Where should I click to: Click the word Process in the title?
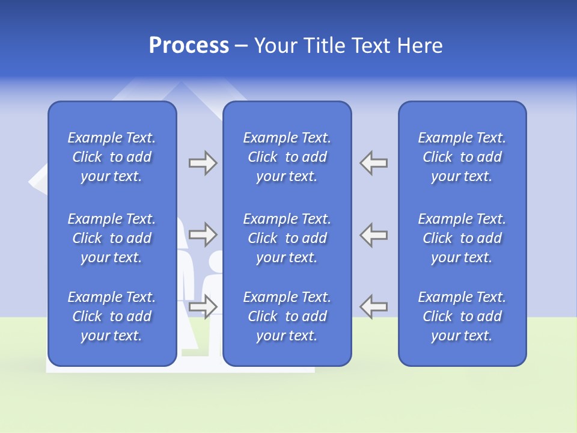point(189,46)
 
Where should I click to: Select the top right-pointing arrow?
point(203,163)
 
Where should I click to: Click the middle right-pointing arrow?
point(203,235)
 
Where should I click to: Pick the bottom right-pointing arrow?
point(203,306)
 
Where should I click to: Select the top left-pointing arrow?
point(374,163)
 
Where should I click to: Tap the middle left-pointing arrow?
point(374,235)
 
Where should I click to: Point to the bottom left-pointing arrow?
point(374,306)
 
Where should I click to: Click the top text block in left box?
point(112,157)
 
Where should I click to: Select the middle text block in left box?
point(112,238)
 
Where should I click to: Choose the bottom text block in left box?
point(112,316)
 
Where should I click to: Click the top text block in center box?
point(287,157)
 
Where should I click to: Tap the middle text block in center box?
point(287,238)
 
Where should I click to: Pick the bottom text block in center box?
point(287,316)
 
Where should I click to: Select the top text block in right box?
point(462,157)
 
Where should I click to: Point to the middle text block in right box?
point(462,238)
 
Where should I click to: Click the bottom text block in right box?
point(462,316)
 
